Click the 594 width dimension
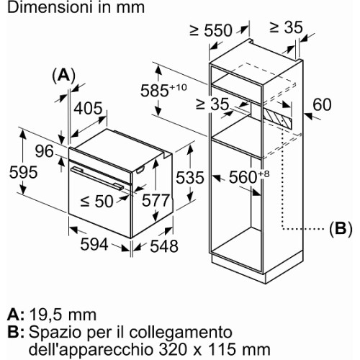pyautogui.click(x=94, y=245)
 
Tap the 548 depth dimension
pyautogui.click(x=164, y=246)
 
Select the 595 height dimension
pyautogui.click(x=23, y=172)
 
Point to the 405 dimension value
pyautogui.click(x=88, y=108)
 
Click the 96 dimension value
pyautogui.click(x=44, y=151)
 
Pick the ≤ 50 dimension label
pyautogui.click(x=96, y=201)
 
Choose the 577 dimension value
pyautogui.click(x=156, y=200)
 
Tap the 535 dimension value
pyautogui.click(x=190, y=178)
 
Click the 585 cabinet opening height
pyautogui.click(x=163, y=90)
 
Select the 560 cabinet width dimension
pyautogui.click(x=249, y=176)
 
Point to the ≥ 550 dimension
pyautogui.click(x=211, y=30)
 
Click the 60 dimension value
pyautogui.click(x=322, y=104)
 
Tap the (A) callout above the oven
pyautogui.click(x=63, y=76)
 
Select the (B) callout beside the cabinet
pyautogui.click(x=341, y=228)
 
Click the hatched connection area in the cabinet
pyautogui.click(x=277, y=117)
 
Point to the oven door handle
pyautogui.click(x=97, y=179)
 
